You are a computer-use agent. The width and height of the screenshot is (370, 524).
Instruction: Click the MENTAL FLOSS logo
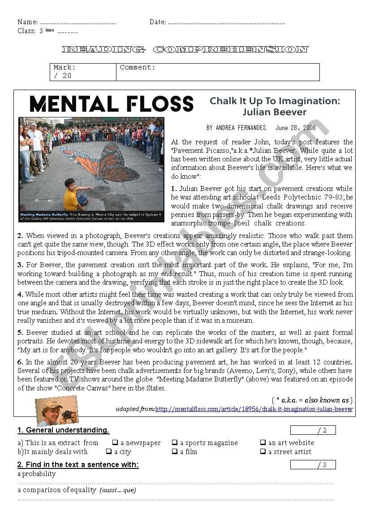pos(111,104)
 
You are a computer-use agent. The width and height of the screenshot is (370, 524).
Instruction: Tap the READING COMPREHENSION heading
pos(185,49)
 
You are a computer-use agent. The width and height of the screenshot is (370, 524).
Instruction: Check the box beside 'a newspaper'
pos(115,443)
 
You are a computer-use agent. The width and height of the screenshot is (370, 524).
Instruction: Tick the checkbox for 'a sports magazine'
pos(175,443)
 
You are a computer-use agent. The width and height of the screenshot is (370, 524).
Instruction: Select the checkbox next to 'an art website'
pos(263,443)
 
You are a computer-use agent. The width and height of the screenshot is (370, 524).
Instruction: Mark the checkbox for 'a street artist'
pos(263,452)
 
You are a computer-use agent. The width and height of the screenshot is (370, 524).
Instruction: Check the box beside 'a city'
pos(109,452)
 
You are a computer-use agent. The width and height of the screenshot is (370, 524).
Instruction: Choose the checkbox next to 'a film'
pos(175,452)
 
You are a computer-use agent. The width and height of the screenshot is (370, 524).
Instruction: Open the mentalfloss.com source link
pos(254,409)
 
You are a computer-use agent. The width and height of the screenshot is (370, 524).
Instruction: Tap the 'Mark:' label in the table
pos(65,68)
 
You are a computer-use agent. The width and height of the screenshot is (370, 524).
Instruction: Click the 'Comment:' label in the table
pos(138,68)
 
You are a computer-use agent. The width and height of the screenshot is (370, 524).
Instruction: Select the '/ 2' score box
pos(313,430)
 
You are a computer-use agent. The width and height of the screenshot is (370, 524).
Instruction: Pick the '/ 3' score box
pos(313,465)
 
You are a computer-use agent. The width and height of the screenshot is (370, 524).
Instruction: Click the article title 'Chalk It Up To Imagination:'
pos(275,100)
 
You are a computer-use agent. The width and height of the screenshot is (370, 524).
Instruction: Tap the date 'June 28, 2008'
pos(296,128)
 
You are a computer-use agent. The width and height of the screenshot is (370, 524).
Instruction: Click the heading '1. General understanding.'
pos(63,430)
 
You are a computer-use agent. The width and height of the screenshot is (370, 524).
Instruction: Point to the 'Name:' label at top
pos(27,22)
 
